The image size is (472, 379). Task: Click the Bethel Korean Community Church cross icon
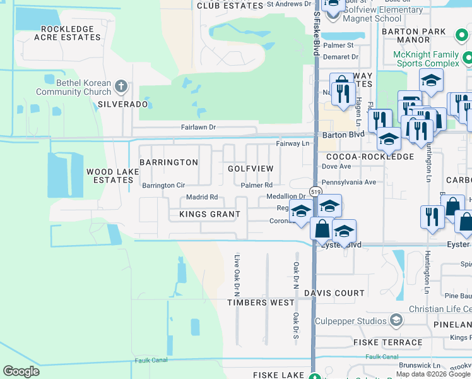point(122,85)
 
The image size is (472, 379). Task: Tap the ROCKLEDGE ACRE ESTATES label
point(71,33)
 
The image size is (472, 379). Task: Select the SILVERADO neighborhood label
point(123,104)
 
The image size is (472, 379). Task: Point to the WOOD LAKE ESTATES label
point(109,176)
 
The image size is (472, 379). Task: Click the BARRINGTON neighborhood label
point(168,162)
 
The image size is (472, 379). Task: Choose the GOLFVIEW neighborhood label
point(251,169)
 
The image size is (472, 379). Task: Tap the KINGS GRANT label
point(201,214)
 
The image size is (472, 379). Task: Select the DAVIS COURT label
point(334,293)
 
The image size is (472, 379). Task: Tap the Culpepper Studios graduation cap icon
point(396,320)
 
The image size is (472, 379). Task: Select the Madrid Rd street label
point(202,198)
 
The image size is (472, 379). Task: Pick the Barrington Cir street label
point(163,186)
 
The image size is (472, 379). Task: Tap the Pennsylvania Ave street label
point(349,182)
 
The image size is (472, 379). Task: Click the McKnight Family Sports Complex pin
point(468,59)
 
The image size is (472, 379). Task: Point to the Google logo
point(21,371)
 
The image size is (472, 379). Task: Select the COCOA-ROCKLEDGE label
point(367,157)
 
